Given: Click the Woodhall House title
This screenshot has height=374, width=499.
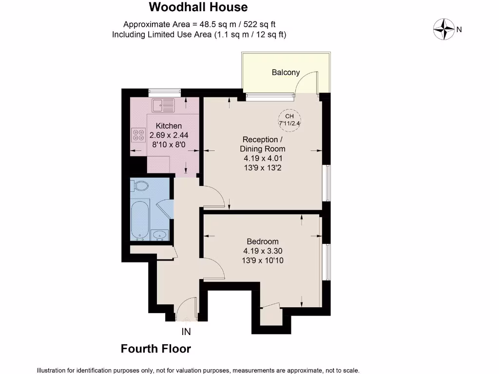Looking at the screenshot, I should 198,7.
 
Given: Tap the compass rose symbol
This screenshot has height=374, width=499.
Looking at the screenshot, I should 444,29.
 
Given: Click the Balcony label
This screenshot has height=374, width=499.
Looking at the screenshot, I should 286,73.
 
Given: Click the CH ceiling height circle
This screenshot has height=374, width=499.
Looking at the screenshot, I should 289,119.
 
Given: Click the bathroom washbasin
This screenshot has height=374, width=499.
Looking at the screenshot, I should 159,236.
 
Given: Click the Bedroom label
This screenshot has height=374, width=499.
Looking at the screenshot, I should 263,242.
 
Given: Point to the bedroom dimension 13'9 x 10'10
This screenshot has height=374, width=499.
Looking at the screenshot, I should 263,261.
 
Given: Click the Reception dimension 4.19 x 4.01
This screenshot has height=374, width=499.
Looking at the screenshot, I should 263,158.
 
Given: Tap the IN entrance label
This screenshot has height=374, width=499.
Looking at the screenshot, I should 186,332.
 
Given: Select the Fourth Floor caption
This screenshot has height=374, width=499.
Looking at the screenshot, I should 156,349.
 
